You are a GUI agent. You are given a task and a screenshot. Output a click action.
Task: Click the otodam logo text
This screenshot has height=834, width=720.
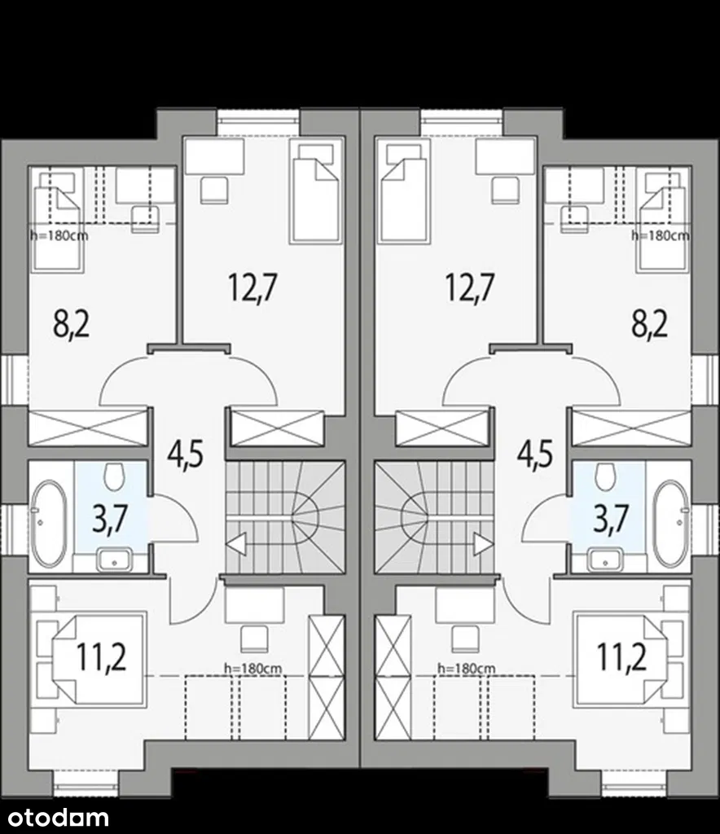pyautogui.click(x=55, y=817)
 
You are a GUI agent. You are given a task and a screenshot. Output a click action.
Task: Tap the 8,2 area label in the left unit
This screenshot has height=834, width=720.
pyautogui.click(x=71, y=325)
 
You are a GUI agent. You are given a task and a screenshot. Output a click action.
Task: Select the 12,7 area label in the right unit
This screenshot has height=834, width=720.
pyautogui.click(x=470, y=288)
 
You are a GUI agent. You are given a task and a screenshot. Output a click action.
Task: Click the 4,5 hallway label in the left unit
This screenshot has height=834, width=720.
pyautogui.click(x=185, y=454)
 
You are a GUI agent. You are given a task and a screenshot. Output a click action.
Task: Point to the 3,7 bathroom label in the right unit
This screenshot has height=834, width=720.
pyautogui.click(x=611, y=519)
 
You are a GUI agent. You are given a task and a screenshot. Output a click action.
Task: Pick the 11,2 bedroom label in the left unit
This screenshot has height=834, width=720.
pyautogui.click(x=101, y=657)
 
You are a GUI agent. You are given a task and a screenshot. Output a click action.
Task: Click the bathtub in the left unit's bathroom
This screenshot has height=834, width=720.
pyautogui.click(x=49, y=524)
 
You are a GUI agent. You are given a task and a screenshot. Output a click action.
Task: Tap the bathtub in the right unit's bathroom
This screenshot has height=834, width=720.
pyautogui.click(x=670, y=524)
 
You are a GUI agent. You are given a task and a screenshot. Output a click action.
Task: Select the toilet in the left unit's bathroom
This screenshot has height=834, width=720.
pyautogui.click(x=114, y=476)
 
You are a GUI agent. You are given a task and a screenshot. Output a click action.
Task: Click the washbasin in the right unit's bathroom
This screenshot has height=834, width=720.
pyautogui.click(x=605, y=560)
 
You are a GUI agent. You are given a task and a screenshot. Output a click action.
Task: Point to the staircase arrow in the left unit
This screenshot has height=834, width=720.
pyautogui.click(x=236, y=544)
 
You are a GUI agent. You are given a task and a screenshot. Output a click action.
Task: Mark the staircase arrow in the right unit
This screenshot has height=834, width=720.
pyautogui.click(x=483, y=544)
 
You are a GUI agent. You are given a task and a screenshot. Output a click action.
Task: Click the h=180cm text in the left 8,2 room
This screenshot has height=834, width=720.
pyautogui.click(x=59, y=235)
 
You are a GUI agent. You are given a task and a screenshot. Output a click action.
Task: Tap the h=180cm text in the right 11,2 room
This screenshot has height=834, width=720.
pyautogui.click(x=467, y=668)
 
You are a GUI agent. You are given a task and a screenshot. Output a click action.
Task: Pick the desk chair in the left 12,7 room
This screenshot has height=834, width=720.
pyautogui.click(x=215, y=190)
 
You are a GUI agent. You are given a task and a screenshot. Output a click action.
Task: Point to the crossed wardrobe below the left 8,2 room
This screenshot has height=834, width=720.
pyautogui.click(x=88, y=428)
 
